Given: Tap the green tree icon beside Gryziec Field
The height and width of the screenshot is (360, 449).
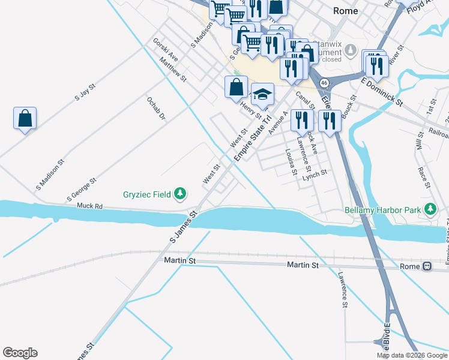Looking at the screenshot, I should [179, 194].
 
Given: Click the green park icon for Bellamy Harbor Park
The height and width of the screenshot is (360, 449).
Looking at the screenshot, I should [430, 209].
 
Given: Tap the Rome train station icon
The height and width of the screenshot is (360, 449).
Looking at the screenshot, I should [427, 266].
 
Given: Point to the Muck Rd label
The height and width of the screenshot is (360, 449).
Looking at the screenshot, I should [89, 206].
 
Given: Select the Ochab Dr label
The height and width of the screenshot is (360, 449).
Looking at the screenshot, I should [155, 109].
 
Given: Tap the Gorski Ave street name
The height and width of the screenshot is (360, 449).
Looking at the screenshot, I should [165, 49].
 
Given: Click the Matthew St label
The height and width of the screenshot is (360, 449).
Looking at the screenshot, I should [173, 70].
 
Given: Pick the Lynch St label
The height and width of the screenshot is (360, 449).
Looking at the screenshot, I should [315, 173].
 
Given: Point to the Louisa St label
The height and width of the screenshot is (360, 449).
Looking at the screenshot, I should [291, 163].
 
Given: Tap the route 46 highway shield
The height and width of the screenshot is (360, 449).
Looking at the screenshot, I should [324, 82].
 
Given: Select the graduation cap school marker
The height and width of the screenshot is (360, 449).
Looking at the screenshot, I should [262, 94].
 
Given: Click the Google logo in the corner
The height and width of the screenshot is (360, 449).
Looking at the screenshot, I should [20, 353].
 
